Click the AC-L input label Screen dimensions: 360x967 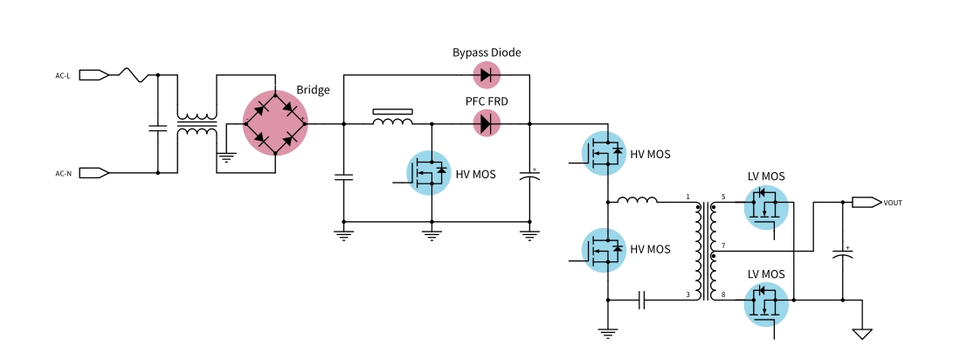click(x=63, y=76)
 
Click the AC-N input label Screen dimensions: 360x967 click(x=63, y=173)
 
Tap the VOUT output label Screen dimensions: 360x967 click(x=893, y=203)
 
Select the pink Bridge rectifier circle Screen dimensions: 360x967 click(x=275, y=123)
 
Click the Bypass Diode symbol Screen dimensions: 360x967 click(x=487, y=75)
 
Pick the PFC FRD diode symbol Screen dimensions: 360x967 click(x=487, y=123)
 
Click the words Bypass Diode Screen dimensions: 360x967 click(x=487, y=53)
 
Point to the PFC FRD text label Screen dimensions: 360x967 click(x=487, y=101)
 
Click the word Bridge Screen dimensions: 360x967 click(x=313, y=91)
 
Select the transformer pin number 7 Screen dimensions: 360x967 click(x=723, y=246)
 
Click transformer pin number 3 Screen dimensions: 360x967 click(x=687, y=294)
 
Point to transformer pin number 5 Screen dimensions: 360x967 click(x=723, y=197)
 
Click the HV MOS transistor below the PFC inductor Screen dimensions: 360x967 click(x=429, y=173)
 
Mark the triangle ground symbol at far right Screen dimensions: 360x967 click(x=863, y=333)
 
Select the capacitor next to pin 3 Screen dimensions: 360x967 click(x=642, y=301)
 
